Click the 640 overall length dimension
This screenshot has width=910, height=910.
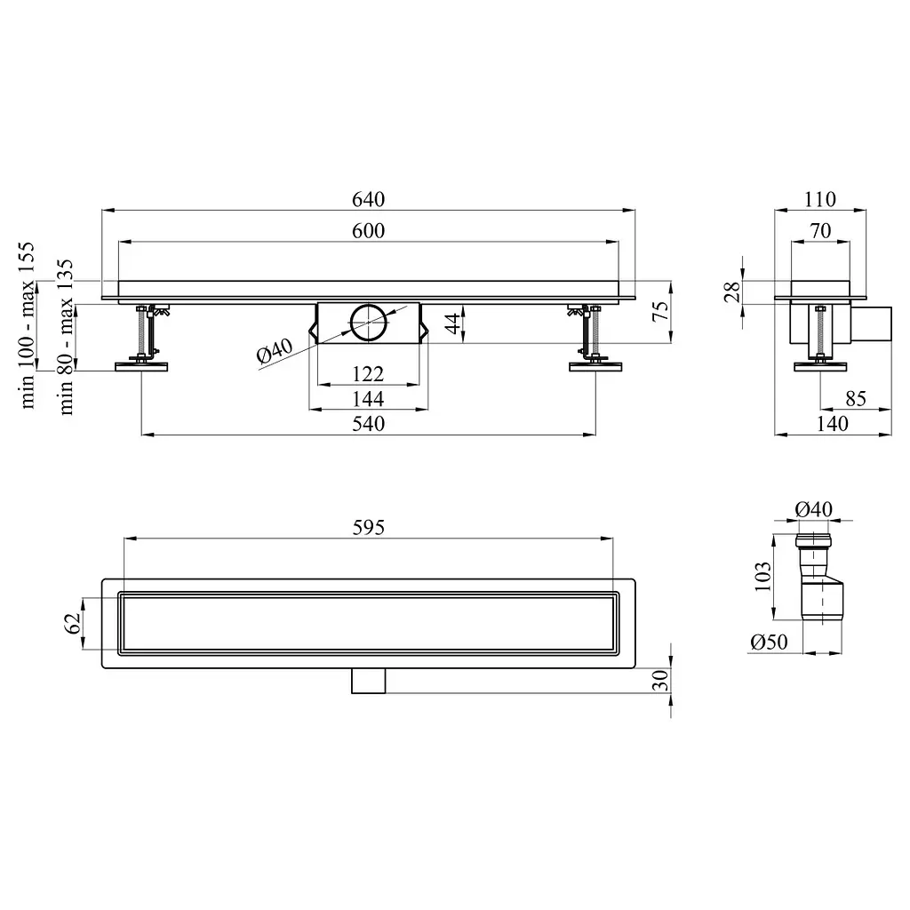[x=369, y=199]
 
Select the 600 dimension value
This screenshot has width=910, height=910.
[x=369, y=230]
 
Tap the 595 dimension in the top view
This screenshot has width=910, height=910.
[x=369, y=527]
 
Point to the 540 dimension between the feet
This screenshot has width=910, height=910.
[x=369, y=424]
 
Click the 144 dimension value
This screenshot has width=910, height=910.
[x=369, y=399]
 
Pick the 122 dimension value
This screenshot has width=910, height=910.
[x=369, y=374]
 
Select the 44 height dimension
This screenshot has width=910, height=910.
[x=452, y=322]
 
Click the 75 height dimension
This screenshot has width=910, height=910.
[x=660, y=312]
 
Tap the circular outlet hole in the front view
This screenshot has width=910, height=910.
[x=369, y=322]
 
